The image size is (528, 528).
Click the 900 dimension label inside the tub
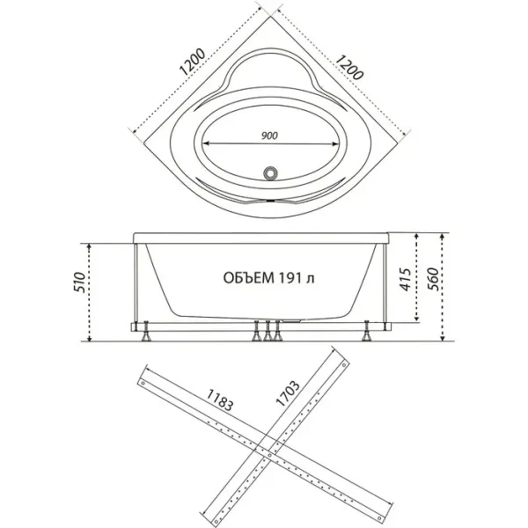[x=270, y=136]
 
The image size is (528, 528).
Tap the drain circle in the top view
[x=270, y=173]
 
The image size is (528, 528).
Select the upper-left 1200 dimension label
[x=192, y=62]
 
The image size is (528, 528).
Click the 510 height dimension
[x=80, y=282]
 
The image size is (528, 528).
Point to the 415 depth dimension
[x=406, y=279]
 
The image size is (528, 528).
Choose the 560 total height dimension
[x=433, y=279]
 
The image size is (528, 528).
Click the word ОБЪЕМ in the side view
[x=248, y=278]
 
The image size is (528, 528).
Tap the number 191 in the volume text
[x=290, y=278]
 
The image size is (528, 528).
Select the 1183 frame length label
[x=219, y=400]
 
